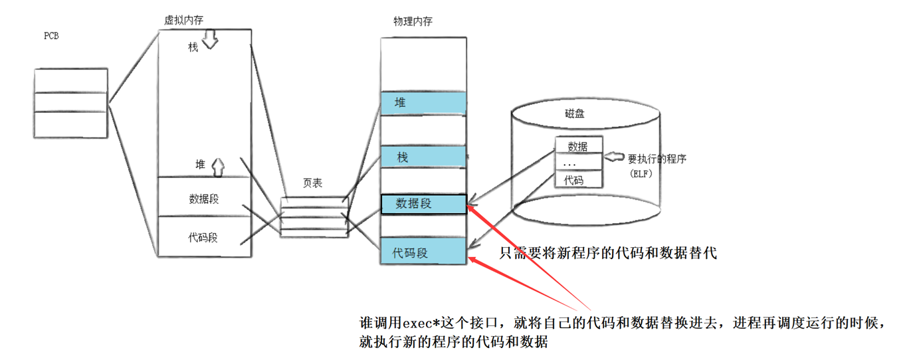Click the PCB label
(51, 36)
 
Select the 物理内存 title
(413, 21)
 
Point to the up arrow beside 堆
(217, 167)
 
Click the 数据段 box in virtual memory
(203, 197)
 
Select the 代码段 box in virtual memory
(203, 236)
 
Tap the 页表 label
(312, 183)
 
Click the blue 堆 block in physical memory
(423, 103)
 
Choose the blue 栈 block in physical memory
(423, 157)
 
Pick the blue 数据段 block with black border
(423, 204)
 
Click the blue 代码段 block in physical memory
(423, 252)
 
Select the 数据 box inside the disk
(578, 146)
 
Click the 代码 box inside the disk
(578, 179)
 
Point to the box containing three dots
(578, 163)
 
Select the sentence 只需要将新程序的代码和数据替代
(608, 253)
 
